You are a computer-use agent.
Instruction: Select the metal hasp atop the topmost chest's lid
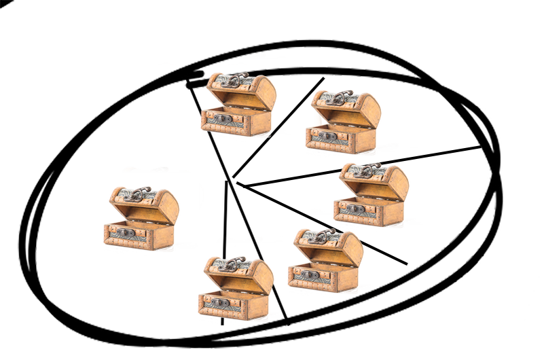click(230, 81)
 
